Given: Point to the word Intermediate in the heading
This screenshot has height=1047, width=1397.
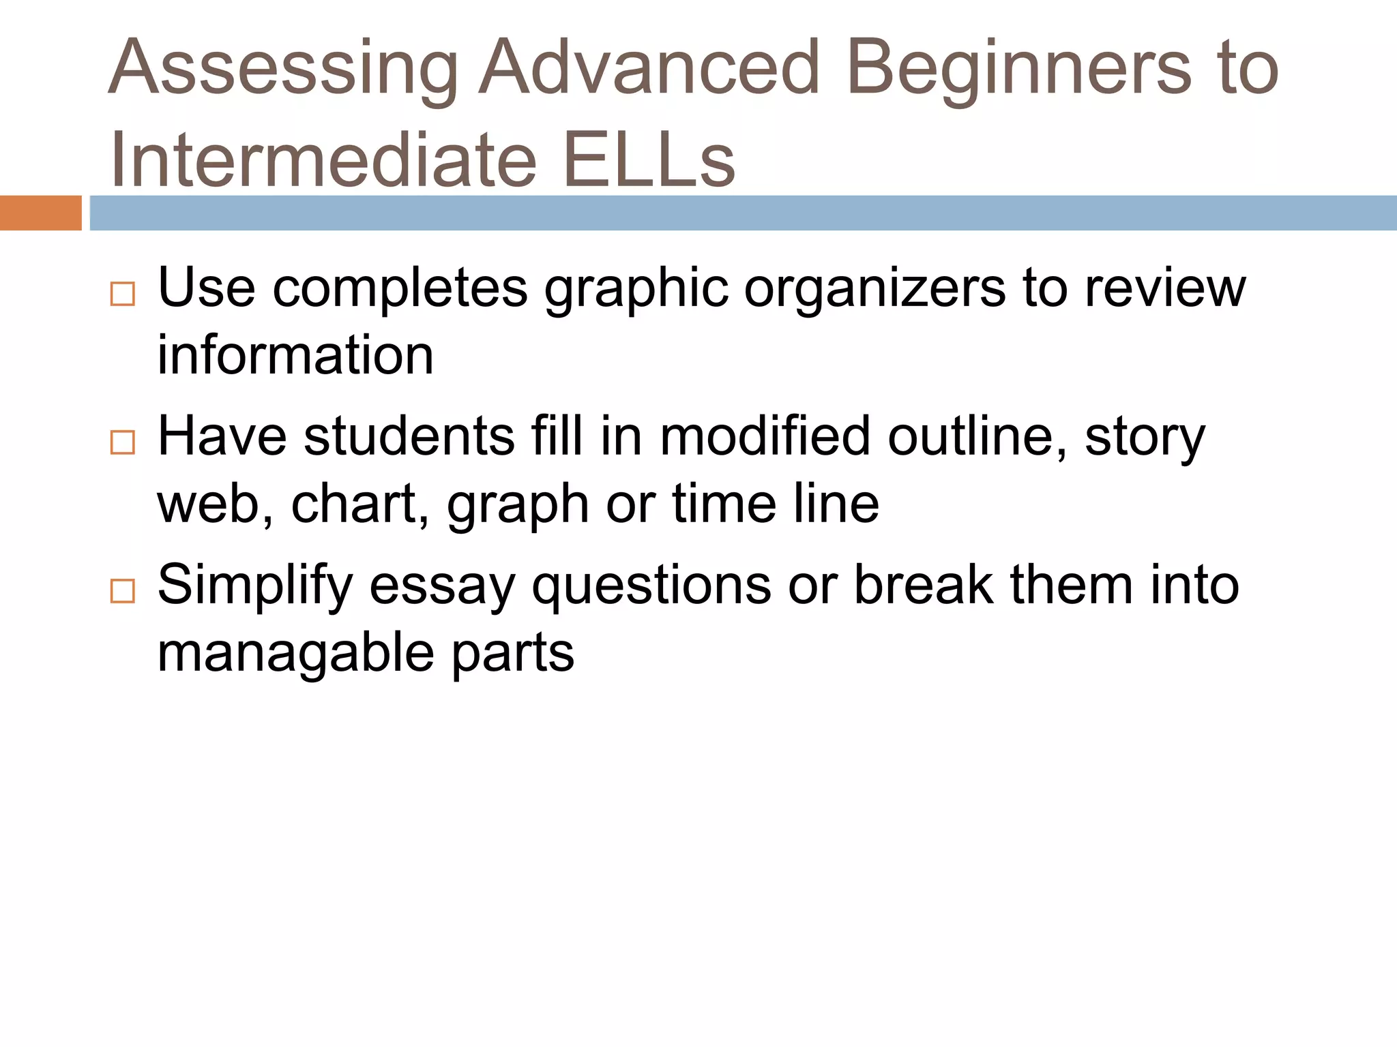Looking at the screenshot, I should (x=324, y=161).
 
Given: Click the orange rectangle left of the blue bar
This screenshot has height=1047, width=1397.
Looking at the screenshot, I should (x=40, y=213).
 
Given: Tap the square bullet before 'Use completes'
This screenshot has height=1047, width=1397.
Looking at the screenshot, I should (x=123, y=294).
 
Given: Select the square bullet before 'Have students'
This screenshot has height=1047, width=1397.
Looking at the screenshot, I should (x=123, y=442).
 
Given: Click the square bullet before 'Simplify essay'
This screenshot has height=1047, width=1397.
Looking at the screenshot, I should (x=123, y=591).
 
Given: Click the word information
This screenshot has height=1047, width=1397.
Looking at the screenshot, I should (x=295, y=355).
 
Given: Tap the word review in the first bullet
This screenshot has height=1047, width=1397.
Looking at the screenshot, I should (x=1165, y=288).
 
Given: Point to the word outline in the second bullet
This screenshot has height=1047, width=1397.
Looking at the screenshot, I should (x=977, y=436).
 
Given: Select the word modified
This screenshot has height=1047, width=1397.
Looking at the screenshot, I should (x=765, y=436).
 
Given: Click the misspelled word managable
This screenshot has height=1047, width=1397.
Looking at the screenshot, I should (x=295, y=653).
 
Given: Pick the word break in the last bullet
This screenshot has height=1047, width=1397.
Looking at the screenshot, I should (x=924, y=585).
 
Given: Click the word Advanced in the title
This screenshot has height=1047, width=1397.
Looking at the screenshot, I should (x=649, y=68).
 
